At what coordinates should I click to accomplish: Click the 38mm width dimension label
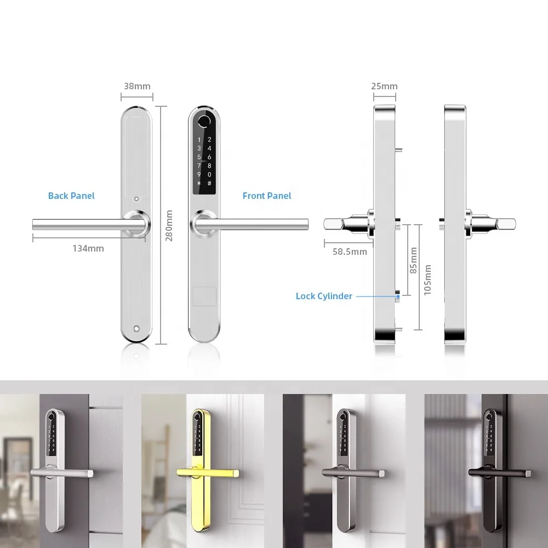(x=137, y=86)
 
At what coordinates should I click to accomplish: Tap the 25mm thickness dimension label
(x=384, y=86)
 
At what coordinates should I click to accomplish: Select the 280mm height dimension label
(x=169, y=225)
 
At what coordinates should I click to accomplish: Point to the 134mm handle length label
(x=88, y=248)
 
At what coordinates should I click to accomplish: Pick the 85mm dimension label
(x=413, y=260)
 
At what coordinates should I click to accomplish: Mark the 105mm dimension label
(x=427, y=279)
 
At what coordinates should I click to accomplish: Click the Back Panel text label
(x=71, y=196)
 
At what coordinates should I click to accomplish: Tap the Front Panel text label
(x=267, y=196)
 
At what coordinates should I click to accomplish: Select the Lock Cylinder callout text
(x=324, y=296)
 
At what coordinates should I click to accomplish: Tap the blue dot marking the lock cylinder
(x=397, y=296)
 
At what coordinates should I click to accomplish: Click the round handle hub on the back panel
(x=136, y=224)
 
